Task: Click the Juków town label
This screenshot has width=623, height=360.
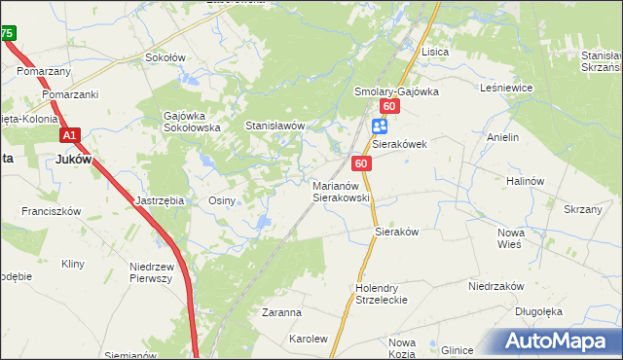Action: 74,160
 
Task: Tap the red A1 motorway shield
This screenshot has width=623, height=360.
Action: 69,136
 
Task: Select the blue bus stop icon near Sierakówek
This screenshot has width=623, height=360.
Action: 380,125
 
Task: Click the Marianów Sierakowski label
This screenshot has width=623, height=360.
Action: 341,191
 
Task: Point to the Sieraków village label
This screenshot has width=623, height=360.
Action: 396,233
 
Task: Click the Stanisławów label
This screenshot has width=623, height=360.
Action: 275,126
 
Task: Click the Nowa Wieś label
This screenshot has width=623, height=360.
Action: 511,239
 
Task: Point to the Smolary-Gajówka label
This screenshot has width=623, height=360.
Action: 396,91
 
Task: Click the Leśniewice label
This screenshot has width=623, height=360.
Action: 506,88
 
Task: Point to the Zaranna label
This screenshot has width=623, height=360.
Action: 281,313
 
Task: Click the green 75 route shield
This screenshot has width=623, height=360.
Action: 7,33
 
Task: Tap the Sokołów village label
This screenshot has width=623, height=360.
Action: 165,57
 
